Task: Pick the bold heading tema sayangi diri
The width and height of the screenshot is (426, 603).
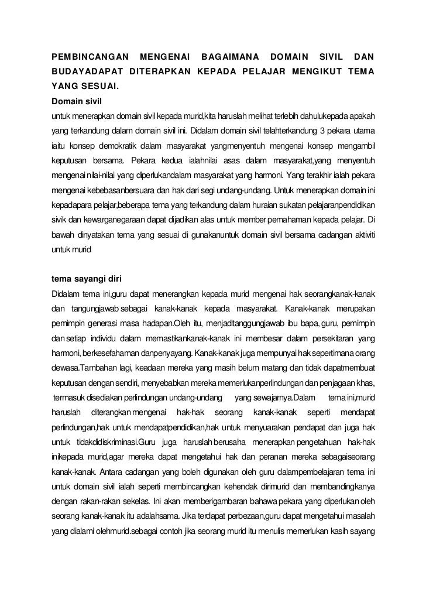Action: (x=87, y=278)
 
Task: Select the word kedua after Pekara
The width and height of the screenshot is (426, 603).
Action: (x=170, y=160)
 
